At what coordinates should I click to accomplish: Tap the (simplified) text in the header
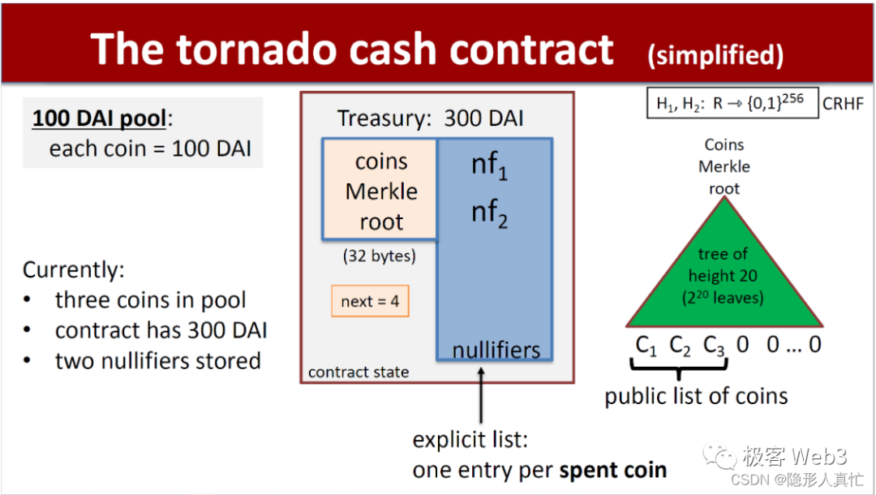715,54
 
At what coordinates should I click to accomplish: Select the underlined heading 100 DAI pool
99,118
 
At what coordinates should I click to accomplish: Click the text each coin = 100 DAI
150,148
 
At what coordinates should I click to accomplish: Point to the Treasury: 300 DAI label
430,118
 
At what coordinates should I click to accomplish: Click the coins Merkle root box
380,191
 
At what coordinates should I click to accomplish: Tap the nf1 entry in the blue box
490,165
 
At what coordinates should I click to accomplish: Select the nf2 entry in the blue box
490,213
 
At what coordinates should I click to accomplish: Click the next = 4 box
370,301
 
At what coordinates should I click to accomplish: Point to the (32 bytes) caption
380,256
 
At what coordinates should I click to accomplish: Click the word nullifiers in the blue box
496,351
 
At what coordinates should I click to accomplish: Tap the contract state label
359,372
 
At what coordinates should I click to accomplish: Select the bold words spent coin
613,470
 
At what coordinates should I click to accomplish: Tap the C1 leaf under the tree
646,346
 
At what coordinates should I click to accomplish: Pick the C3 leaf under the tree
714,346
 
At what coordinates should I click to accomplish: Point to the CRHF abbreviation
844,104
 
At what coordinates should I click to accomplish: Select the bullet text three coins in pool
150,299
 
